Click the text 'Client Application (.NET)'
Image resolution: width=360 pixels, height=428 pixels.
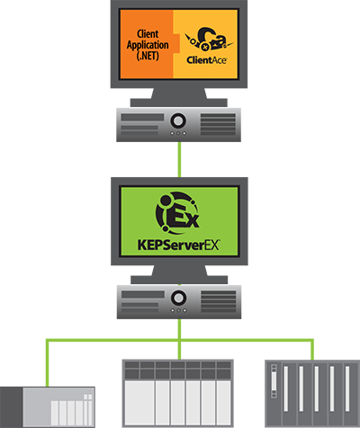148,36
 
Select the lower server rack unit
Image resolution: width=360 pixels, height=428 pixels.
180,301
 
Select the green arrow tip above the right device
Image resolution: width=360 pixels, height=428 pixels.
310,345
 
